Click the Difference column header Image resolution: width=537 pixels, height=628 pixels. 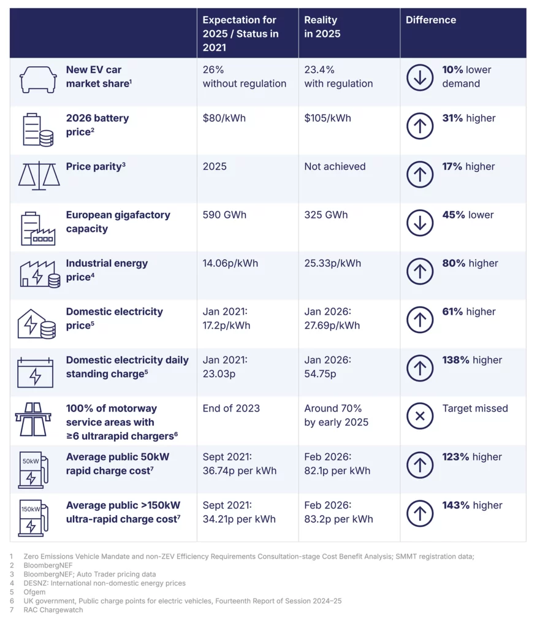coord(431,20)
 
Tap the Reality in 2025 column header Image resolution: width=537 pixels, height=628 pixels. coord(322,27)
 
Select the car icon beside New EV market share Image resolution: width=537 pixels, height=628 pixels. coord(38,79)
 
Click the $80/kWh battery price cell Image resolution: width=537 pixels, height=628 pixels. coord(224,118)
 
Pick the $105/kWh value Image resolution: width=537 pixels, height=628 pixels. coord(327,118)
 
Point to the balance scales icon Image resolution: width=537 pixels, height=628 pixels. coord(39,175)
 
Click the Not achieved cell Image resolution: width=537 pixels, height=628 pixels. coord(335,167)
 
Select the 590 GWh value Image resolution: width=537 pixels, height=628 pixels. coord(224,215)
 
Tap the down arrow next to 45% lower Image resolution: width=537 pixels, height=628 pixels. coord(420,223)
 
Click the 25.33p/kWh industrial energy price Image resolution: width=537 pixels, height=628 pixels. coord(332,264)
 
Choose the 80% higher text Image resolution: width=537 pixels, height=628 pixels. coord(470,264)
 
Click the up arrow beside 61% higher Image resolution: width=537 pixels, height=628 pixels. coord(420,320)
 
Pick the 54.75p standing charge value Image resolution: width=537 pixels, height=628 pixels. coord(320,374)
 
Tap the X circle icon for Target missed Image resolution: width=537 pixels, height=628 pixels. coord(420,416)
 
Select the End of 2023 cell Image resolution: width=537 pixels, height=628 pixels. coord(231,408)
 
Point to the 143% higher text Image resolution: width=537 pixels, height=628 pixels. coord(472,505)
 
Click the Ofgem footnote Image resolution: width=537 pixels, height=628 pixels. coord(34,592)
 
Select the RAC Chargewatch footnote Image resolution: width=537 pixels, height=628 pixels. coord(53,610)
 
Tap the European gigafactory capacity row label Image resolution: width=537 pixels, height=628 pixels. coord(118,222)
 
